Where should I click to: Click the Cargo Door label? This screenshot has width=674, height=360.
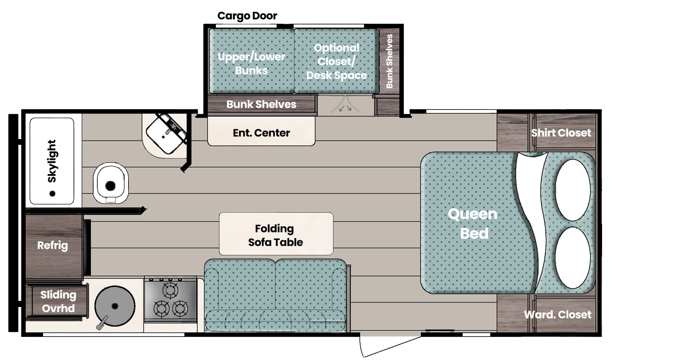(247, 16)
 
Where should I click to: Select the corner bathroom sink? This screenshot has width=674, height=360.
(166, 134)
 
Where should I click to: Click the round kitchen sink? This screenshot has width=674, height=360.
(115, 306)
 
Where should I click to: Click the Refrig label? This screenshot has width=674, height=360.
(53, 245)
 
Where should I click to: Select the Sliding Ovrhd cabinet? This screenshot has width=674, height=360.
(58, 301)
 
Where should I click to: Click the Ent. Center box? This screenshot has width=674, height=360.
(261, 133)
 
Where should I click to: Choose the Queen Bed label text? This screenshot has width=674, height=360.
(473, 224)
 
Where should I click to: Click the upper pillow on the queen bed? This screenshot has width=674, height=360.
(573, 190)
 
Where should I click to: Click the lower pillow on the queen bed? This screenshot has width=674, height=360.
(573, 257)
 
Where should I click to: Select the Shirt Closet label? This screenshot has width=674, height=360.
(561, 133)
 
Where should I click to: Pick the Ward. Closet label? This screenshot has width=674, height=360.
(557, 314)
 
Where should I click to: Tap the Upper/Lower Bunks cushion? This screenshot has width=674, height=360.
(251, 63)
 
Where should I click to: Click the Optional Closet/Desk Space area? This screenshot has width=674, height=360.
(336, 61)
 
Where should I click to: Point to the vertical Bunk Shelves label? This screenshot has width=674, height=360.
(389, 61)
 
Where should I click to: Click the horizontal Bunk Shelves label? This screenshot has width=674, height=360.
(261, 104)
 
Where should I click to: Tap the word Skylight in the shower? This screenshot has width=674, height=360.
(52, 161)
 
